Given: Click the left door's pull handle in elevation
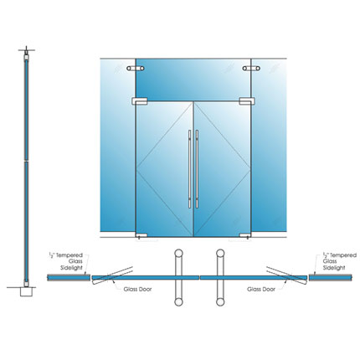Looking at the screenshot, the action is pyautogui.click(x=190, y=169).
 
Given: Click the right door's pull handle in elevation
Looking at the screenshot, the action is pyautogui.click(x=197, y=169).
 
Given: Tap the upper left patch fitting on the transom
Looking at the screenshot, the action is pyautogui.click(x=136, y=68).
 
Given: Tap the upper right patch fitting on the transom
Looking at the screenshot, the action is pyautogui.click(x=251, y=68).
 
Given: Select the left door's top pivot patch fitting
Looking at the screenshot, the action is pyautogui.click(x=140, y=101).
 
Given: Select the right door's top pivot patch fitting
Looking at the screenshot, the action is pyautogui.click(x=247, y=101).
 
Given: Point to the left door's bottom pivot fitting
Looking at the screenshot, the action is pyautogui.click(x=141, y=235).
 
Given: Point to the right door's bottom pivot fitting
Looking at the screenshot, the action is pyautogui.click(x=245, y=235).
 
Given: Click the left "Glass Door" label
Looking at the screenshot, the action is pyautogui.click(x=137, y=290).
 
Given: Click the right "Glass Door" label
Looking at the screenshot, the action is pyautogui.click(x=261, y=290).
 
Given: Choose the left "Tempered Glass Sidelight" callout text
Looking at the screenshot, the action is pyautogui.click(x=66, y=261).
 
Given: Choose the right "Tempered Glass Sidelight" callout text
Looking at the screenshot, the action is pyautogui.click(x=340, y=261).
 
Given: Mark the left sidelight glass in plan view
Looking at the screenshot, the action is pyautogui.click(x=69, y=278).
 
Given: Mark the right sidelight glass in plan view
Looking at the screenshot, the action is pyautogui.click(x=331, y=278).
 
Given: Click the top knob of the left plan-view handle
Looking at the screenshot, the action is pyautogui.click(x=178, y=253).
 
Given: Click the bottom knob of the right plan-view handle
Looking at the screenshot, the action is pyautogui.click(x=220, y=302).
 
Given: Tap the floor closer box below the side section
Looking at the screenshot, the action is pyautogui.click(x=27, y=292).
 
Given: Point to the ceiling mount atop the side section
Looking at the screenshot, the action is pyautogui.click(x=27, y=53).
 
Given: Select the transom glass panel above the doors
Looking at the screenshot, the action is pyautogui.click(x=193, y=80).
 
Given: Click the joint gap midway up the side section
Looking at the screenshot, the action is pyautogui.click(x=27, y=161).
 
